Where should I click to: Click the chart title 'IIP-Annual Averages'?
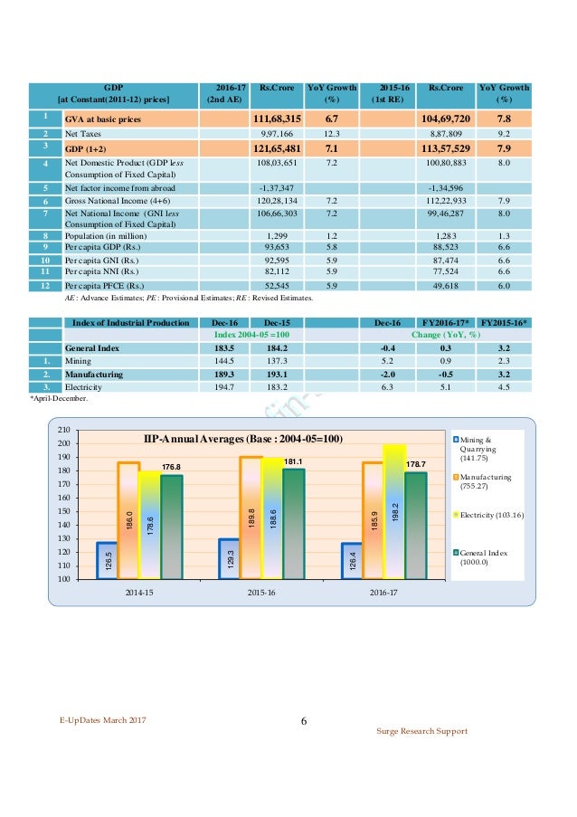pyautogui.click(x=244, y=438)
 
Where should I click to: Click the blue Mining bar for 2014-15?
pyautogui.click(x=108, y=560)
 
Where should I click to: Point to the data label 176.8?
pyautogui.click(x=172, y=467)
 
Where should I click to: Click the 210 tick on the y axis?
pyautogui.click(x=63, y=430)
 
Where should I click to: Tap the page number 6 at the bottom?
pyautogui.click(x=303, y=721)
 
